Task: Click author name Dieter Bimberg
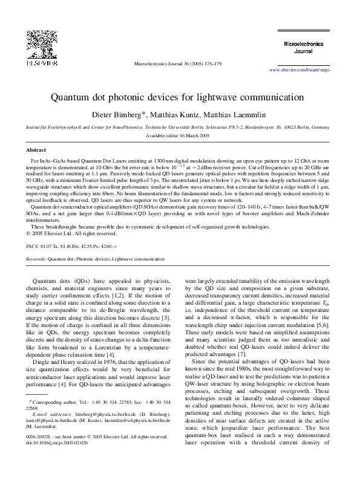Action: click(x=118, y=114)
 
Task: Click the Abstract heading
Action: click(x=36, y=149)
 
